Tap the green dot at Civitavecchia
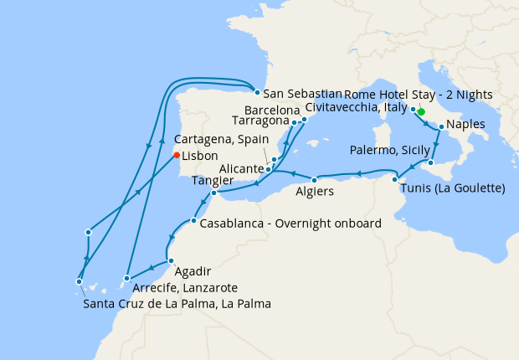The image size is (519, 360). pyautogui.click(x=421, y=112)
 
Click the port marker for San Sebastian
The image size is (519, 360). pyautogui.click(x=257, y=93)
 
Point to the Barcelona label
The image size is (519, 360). pyautogui.click(x=273, y=110)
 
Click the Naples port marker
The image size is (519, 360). pyautogui.click(x=441, y=127)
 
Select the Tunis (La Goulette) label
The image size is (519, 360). pyautogui.click(x=453, y=188)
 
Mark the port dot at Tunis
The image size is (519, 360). pyautogui.click(x=394, y=179)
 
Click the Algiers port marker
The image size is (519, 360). pyautogui.click(x=315, y=180)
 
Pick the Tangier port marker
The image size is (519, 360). pyautogui.click(x=213, y=193)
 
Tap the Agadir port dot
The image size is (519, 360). pyautogui.click(x=171, y=261)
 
